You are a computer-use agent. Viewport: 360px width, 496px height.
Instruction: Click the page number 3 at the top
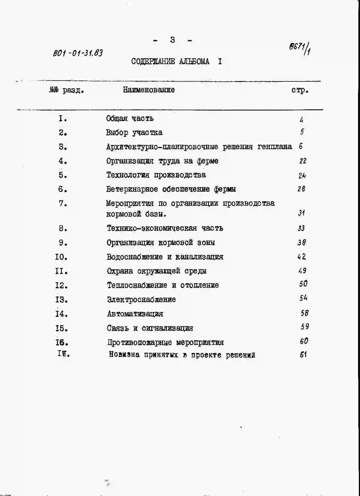click(173, 40)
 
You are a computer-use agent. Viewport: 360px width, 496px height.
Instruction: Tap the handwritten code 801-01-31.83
click(78, 53)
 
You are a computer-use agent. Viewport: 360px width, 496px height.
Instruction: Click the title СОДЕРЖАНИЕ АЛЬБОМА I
click(176, 61)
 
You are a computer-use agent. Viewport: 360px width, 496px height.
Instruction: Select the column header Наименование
click(149, 90)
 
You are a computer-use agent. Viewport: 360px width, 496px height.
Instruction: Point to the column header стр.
click(300, 90)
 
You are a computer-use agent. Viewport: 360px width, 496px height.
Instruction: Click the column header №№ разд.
click(67, 90)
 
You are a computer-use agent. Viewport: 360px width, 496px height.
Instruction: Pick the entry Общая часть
click(130, 118)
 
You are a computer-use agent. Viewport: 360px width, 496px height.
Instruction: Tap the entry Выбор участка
click(134, 133)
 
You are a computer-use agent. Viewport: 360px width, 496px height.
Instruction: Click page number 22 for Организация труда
click(303, 161)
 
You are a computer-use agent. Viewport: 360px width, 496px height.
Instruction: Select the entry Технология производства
click(156, 175)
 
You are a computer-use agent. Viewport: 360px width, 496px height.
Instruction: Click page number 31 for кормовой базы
click(301, 213)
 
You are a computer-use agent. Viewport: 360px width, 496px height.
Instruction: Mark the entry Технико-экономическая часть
click(165, 228)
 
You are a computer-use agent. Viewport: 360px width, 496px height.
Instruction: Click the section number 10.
click(61, 257)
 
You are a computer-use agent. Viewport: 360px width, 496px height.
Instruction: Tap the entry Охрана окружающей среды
click(157, 271)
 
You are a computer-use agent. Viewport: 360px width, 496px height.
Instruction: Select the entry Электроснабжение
click(141, 299)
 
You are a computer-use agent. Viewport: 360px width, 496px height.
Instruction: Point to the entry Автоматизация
click(135, 314)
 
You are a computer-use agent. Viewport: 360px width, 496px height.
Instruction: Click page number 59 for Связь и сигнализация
click(305, 327)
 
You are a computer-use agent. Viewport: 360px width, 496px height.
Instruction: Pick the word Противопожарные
click(139, 343)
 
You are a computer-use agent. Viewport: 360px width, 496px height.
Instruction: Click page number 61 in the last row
click(303, 354)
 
